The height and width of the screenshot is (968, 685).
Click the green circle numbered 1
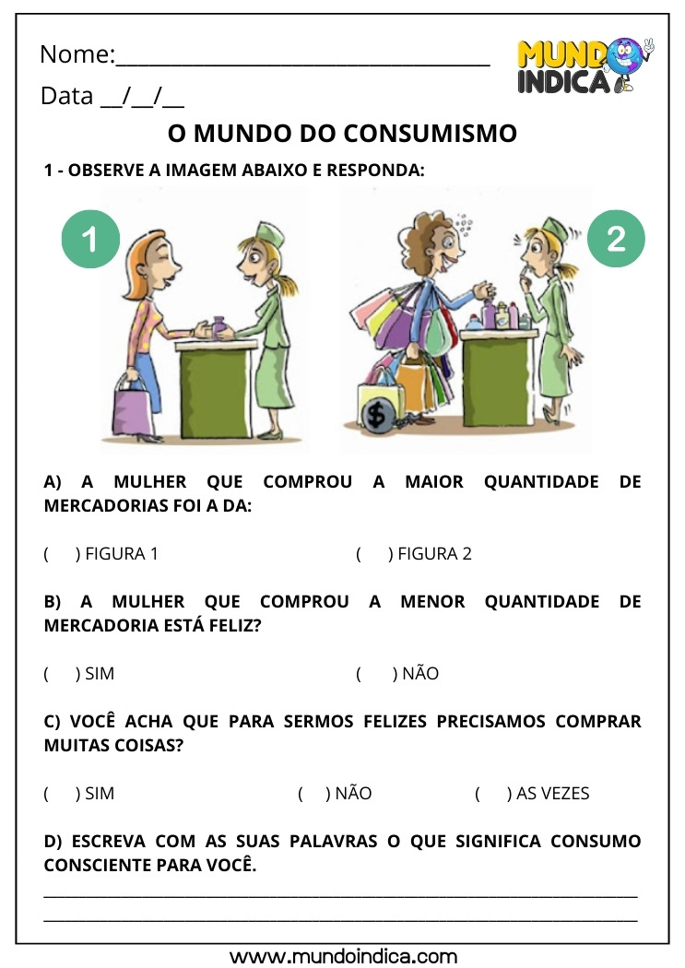[x=90, y=239]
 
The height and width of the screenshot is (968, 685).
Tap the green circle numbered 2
[x=616, y=239]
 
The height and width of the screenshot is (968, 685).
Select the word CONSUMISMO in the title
[x=430, y=134]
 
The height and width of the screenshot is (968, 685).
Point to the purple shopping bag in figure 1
[x=133, y=408]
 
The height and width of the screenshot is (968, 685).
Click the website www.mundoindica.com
[x=343, y=956]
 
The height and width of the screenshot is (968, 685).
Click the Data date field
[x=141, y=97]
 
